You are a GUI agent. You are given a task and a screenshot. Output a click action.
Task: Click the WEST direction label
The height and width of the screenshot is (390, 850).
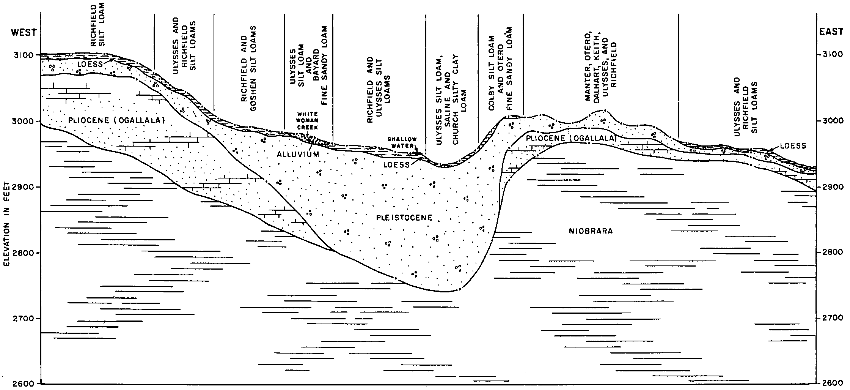click(24, 32)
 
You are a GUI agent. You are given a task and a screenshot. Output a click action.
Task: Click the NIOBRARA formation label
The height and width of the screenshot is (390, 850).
click(591, 231)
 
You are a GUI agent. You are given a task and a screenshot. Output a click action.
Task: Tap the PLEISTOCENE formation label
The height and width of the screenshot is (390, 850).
click(404, 218)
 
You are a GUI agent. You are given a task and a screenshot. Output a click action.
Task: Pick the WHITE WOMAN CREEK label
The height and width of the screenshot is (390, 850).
click(307, 120)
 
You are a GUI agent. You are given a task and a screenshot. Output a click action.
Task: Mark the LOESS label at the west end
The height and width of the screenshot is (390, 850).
click(90, 65)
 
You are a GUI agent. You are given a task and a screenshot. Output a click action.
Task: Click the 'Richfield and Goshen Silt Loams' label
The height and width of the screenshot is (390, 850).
click(249, 68)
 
